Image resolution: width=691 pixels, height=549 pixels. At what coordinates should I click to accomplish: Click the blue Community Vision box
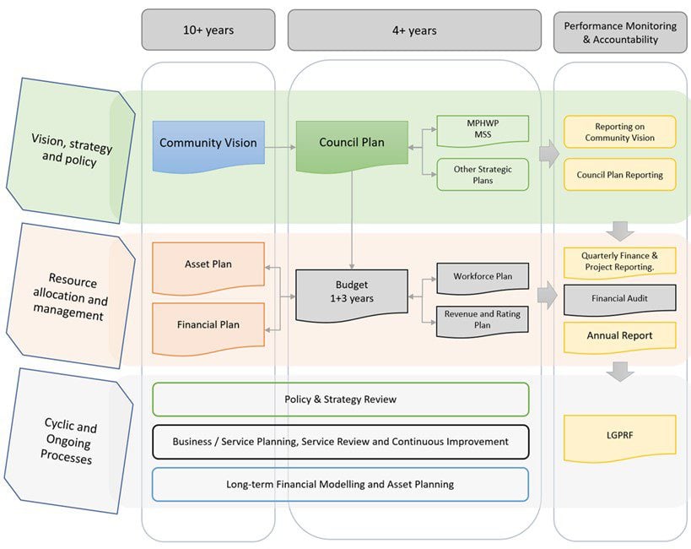[208, 145]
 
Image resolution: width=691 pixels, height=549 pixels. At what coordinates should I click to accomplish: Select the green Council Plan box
[352, 144]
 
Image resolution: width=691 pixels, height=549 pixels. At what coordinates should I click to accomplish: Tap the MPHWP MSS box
[483, 130]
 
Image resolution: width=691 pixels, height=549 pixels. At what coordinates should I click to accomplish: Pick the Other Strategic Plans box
[483, 175]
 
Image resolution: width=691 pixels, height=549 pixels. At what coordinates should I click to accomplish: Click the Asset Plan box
[208, 268]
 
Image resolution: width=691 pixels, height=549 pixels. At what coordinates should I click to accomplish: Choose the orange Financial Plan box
[208, 328]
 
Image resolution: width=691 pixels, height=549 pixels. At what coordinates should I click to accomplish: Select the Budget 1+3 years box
[352, 295]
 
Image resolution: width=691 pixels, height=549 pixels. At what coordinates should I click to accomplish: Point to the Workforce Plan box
[483, 278]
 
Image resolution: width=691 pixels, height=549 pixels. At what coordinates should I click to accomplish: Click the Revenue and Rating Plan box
[483, 321]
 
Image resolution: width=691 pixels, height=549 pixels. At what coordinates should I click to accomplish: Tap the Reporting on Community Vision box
[619, 132]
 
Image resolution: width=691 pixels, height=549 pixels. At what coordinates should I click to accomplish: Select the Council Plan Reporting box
[619, 175]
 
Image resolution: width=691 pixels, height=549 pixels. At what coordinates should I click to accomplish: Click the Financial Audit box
[619, 300]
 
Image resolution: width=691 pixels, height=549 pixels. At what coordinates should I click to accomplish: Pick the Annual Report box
[619, 337]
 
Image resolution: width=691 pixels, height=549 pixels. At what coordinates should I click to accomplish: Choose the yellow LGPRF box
[619, 438]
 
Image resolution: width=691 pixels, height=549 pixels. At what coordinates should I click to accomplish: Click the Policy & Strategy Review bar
[341, 400]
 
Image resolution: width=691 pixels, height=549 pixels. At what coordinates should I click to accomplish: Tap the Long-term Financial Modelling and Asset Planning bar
[341, 485]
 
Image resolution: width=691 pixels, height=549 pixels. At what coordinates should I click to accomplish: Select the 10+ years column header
[208, 30]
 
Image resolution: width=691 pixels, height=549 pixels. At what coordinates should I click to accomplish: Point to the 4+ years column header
[414, 30]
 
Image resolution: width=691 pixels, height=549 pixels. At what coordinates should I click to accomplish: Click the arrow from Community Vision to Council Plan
[280, 148]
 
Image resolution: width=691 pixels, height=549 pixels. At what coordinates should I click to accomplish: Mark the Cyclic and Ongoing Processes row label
[69, 441]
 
